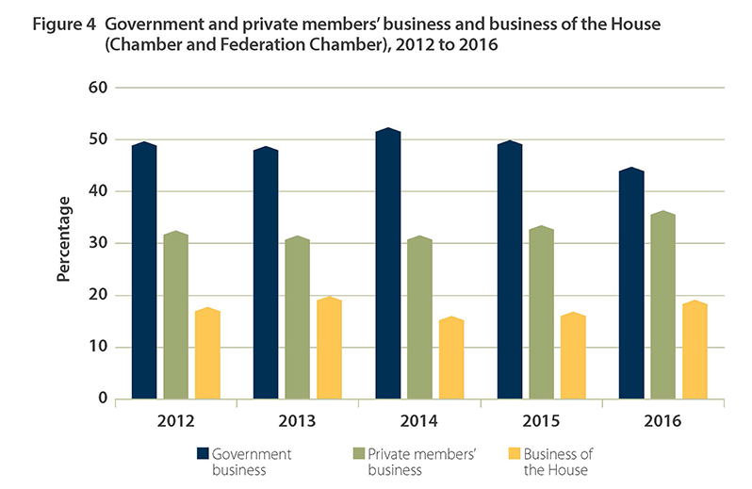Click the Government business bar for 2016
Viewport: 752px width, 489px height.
pyautogui.click(x=630, y=284)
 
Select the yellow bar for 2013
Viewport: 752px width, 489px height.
pyautogui.click(x=329, y=348)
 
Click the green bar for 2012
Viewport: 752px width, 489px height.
pyautogui.click(x=175, y=316)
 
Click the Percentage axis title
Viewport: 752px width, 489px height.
pyautogui.click(x=64, y=239)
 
